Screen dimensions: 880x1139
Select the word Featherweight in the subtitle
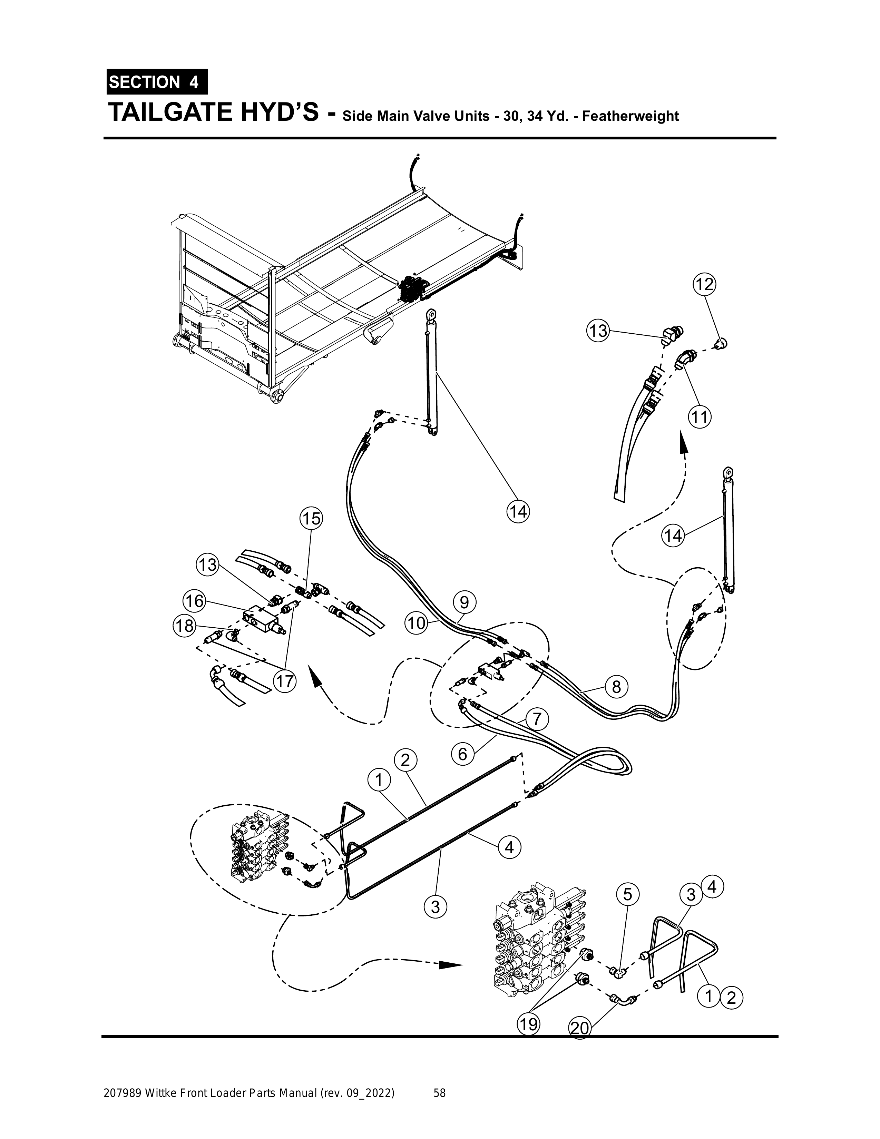(630, 116)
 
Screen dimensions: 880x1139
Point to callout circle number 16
(194, 601)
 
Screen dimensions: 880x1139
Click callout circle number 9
(464, 603)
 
